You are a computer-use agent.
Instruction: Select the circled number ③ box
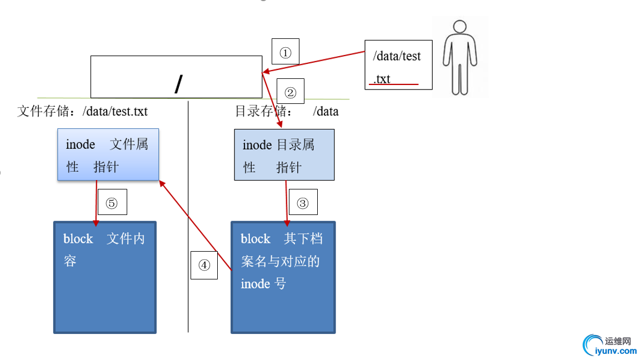(303, 202)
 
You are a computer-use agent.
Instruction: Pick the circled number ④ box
(204, 264)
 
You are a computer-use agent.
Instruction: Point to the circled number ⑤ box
(112, 202)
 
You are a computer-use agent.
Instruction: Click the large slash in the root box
(178, 83)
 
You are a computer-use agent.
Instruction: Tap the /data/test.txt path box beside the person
(398, 64)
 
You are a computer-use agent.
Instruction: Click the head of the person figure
(459, 27)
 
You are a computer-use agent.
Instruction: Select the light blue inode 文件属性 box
(108, 154)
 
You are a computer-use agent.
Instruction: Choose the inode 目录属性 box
(284, 154)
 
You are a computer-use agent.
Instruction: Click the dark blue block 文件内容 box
(105, 277)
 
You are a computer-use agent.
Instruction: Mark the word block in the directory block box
(256, 239)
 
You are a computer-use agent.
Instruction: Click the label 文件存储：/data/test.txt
(83, 111)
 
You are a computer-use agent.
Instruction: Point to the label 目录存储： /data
(287, 111)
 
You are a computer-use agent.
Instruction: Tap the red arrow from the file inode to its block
(96, 203)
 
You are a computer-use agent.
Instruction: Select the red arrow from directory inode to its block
(287, 203)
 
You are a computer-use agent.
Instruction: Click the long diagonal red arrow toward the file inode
(196, 226)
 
